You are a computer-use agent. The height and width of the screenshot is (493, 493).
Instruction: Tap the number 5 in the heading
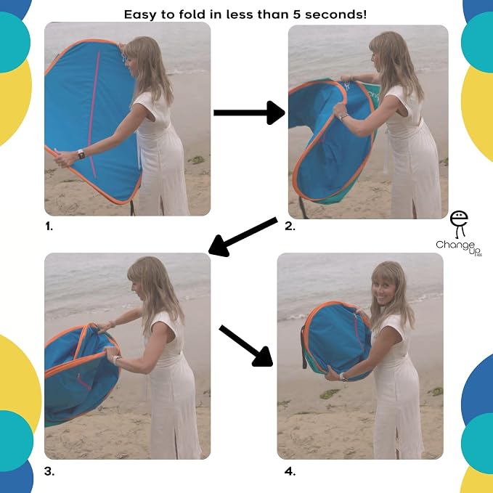point(297,15)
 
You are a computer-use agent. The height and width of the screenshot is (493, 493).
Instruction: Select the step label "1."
point(49,226)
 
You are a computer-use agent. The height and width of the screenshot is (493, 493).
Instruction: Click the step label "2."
point(290,226)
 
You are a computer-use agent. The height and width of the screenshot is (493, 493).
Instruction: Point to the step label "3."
point(49,471)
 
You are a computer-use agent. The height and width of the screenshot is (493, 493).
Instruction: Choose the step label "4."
point(290,471)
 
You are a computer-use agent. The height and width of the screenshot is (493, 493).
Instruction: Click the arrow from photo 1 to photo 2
point(249,113)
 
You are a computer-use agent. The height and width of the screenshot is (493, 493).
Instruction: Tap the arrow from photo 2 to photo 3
point(243,237)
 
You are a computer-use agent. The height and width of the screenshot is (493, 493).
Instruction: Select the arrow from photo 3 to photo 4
point(246,346)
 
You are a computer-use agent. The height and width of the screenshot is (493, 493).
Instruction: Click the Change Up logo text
point(458,248)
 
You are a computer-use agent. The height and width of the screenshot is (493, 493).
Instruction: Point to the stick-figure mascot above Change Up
point(459,224)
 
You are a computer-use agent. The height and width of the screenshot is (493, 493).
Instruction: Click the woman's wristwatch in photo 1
point(81,154)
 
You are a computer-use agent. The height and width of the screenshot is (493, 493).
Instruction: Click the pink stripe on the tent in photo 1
point(94,115)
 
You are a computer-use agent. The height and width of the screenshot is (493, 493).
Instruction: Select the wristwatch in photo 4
point(343,377)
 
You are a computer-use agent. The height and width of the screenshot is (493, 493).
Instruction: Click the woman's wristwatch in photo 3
point(116,359)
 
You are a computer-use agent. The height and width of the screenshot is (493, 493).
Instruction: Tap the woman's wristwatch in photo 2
point(343,117)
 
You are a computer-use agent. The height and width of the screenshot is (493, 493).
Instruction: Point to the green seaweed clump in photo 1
point(197,160)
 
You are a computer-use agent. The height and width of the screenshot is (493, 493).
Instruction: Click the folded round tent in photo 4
point(336,341)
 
